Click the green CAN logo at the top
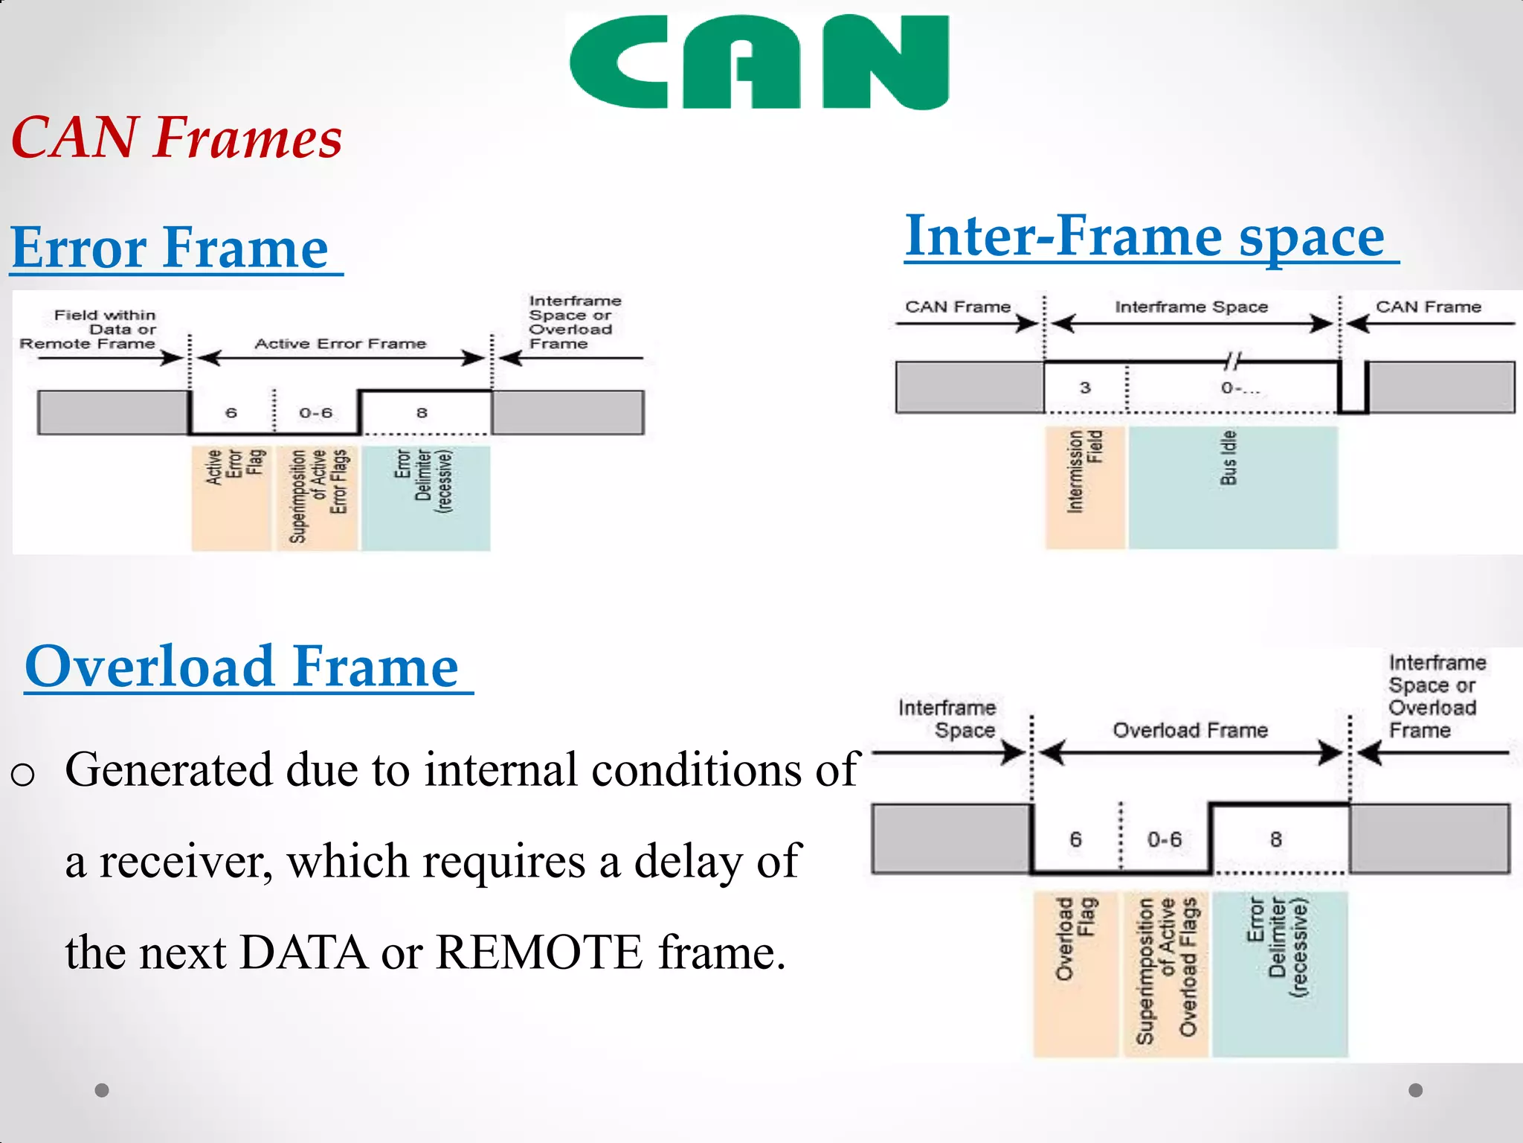coord(759,61)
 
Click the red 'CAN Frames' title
coord(177,138)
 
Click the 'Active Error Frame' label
coord(341,344)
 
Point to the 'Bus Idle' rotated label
coord(1229,458)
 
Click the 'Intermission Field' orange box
coord(1084,487)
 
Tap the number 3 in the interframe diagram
coord(1085,388)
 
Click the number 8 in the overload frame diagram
coord(1276,839)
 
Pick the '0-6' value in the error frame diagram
coord(316,413)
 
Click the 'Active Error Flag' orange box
coord(231,497)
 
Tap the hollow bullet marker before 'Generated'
coord(23,775)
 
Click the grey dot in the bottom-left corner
coord(102,1090)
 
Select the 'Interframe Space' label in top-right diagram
coord(1191,307)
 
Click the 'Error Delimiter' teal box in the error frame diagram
coord(425,497)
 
